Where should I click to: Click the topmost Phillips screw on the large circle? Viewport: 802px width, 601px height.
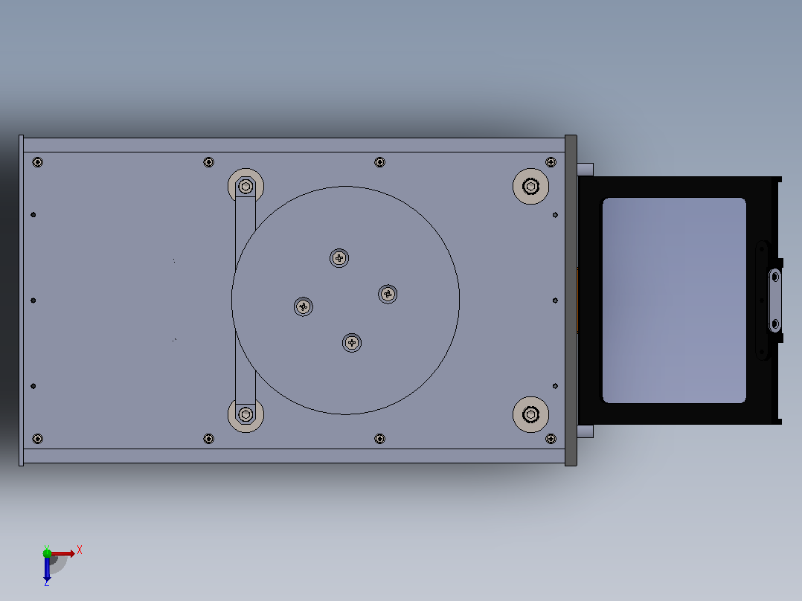pos(339,258)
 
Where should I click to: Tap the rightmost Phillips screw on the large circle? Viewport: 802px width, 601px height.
pos(388,294)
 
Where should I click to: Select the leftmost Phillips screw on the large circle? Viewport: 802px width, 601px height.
pos(304,307)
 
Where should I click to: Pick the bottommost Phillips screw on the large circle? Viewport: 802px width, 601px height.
pos(352,343)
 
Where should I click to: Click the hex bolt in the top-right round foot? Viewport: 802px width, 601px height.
pos(531,186)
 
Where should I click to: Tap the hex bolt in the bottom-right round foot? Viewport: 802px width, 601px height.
pos(531,414)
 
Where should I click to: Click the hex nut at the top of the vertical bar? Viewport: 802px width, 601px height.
pos(246,186)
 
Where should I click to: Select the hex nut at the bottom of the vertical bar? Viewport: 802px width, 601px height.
pos(246,414)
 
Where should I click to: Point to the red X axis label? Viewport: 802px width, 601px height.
pos(80,550)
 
